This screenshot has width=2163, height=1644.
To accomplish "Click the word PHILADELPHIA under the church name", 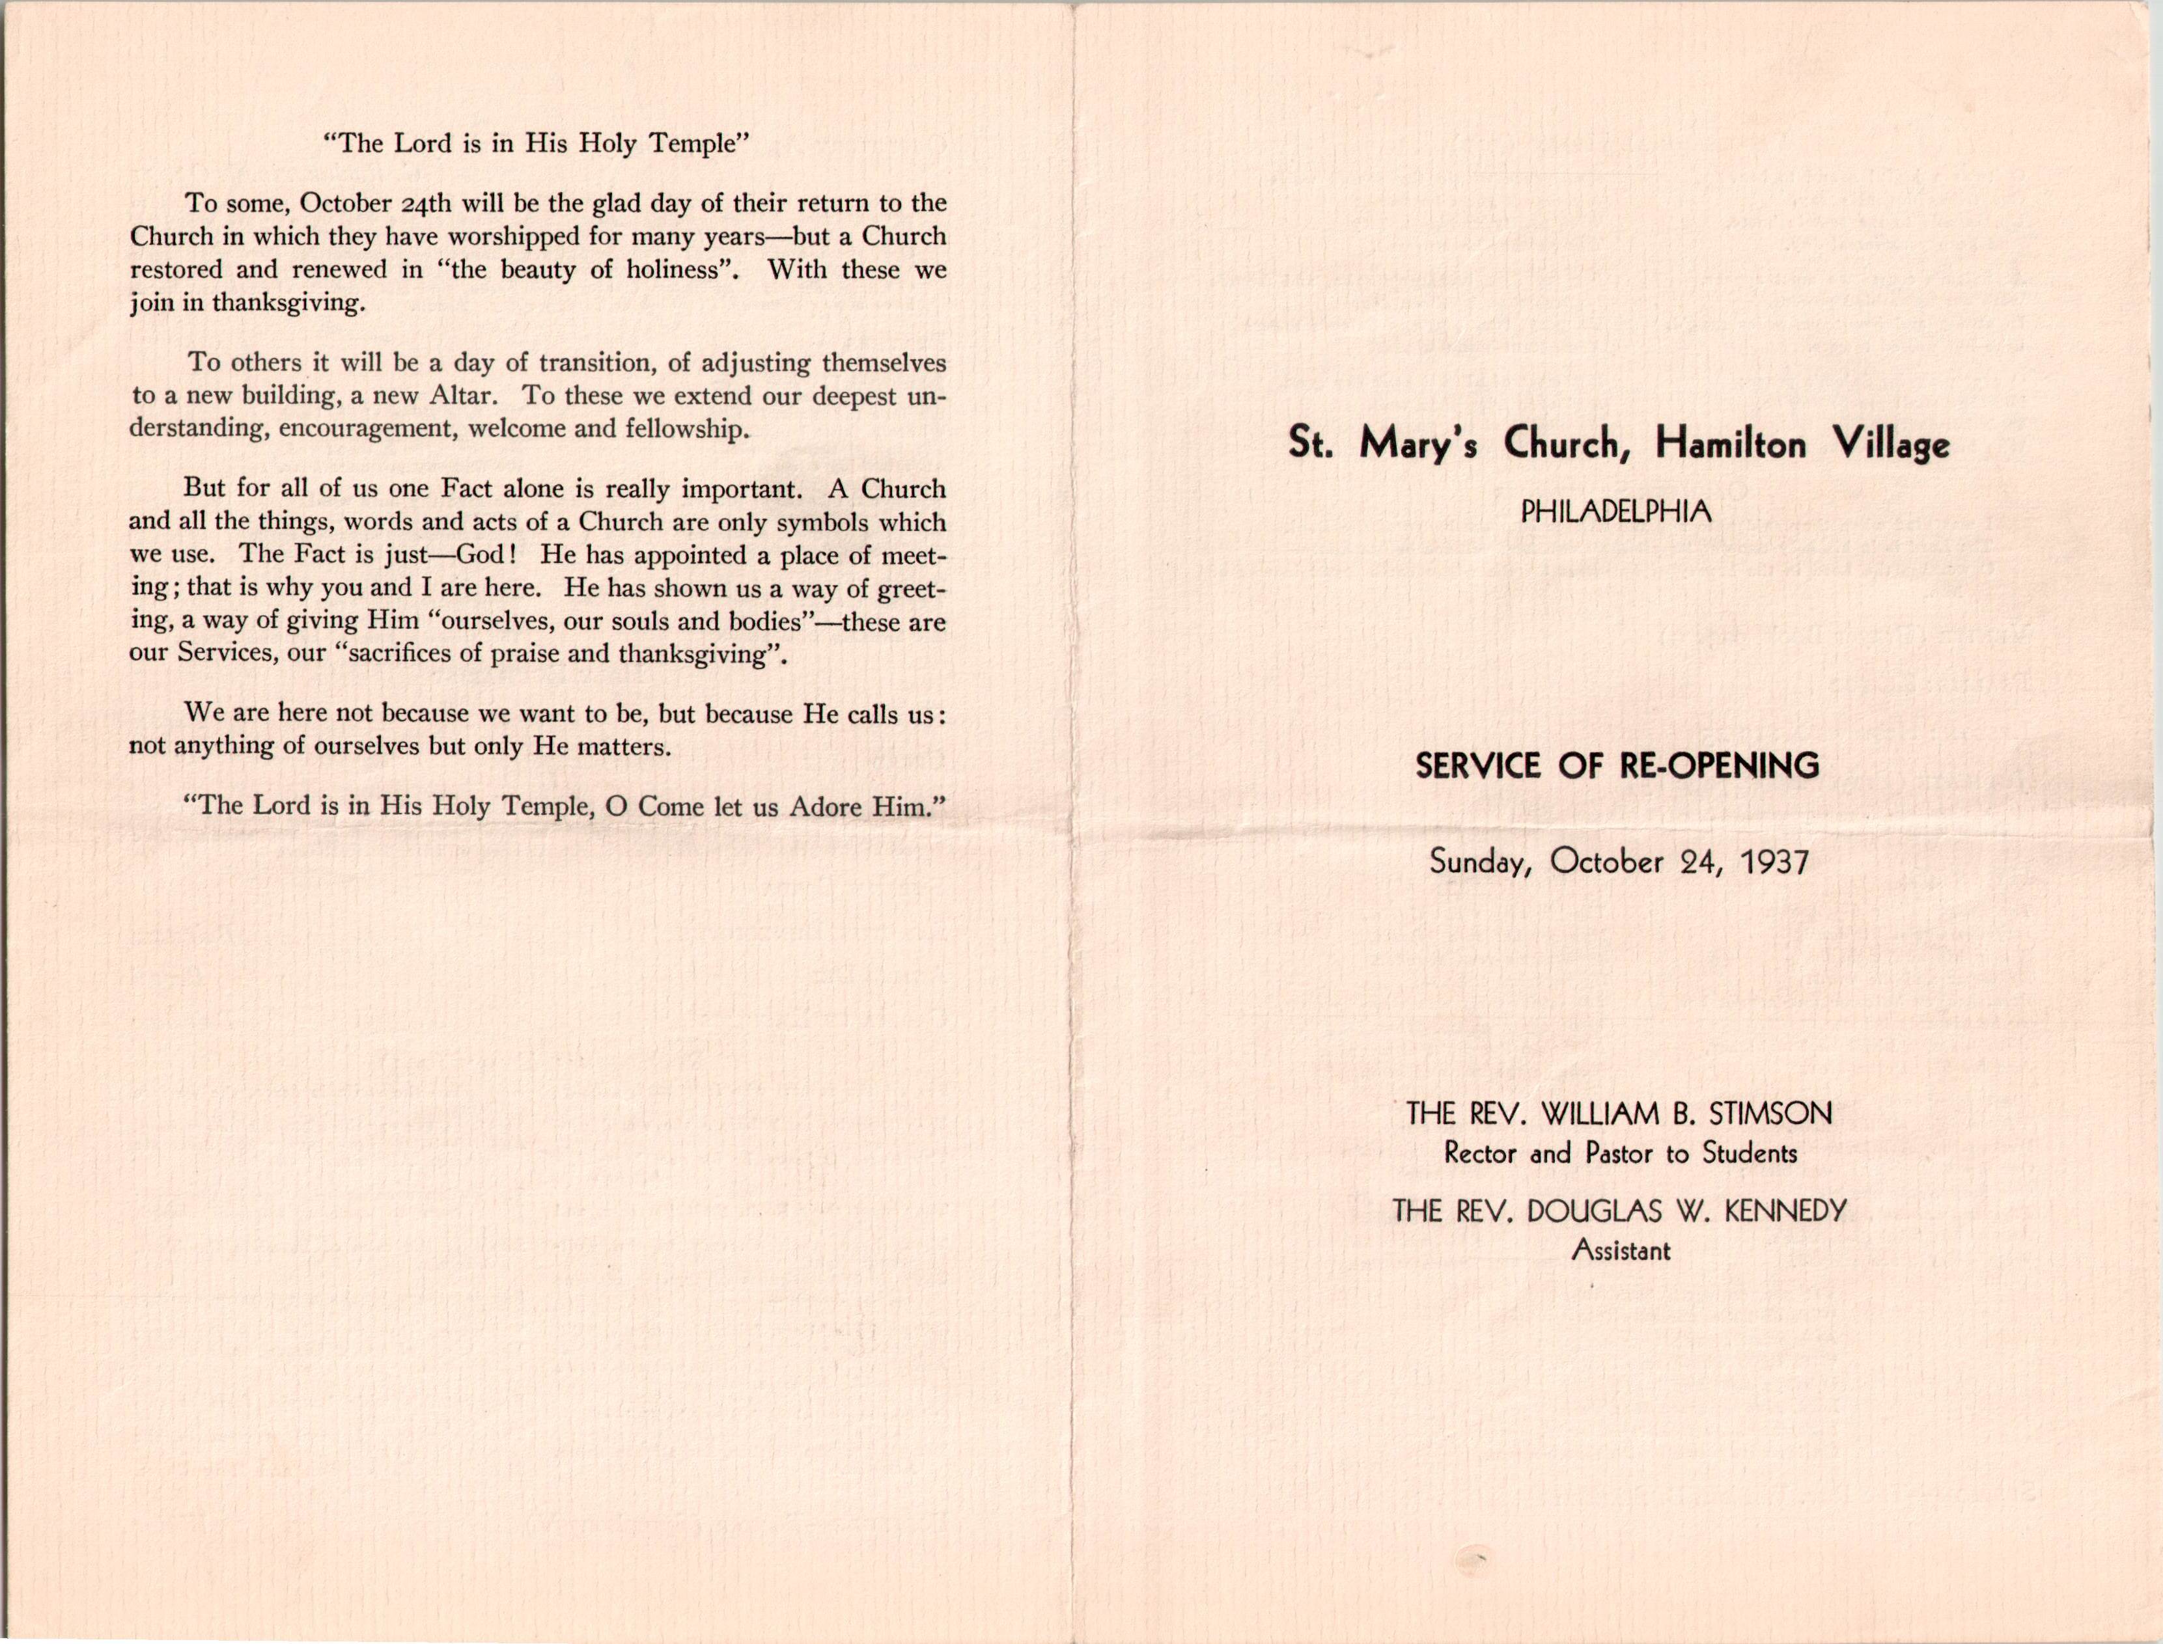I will pyautogui.click(x=1616, y=511).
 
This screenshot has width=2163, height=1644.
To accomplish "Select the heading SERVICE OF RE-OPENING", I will pyautogui.click(x=1617, y=765).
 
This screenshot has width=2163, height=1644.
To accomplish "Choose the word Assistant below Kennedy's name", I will pyautogui.click(x=1621, y=1251).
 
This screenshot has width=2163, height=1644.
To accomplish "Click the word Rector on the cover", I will pyautogui.click(x=1480, y=1154).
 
